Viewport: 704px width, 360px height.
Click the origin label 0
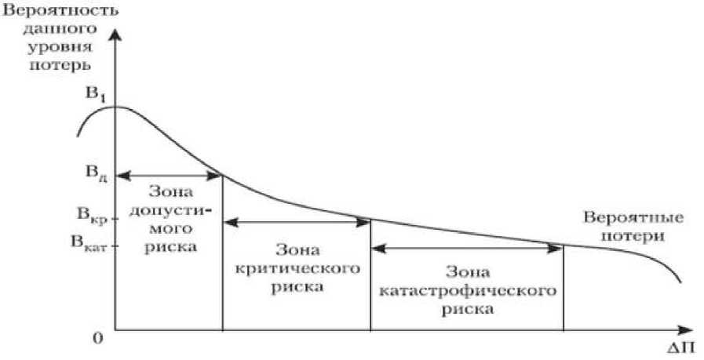coord(99,338)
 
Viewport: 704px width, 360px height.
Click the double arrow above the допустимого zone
coord(167,175)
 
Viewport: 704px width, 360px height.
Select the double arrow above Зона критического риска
coord(296,223)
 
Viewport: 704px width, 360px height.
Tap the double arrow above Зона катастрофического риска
coord(467,248)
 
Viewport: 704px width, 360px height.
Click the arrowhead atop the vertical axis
coord(115,36)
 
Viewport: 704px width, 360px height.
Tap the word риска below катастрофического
coord(467,308)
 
